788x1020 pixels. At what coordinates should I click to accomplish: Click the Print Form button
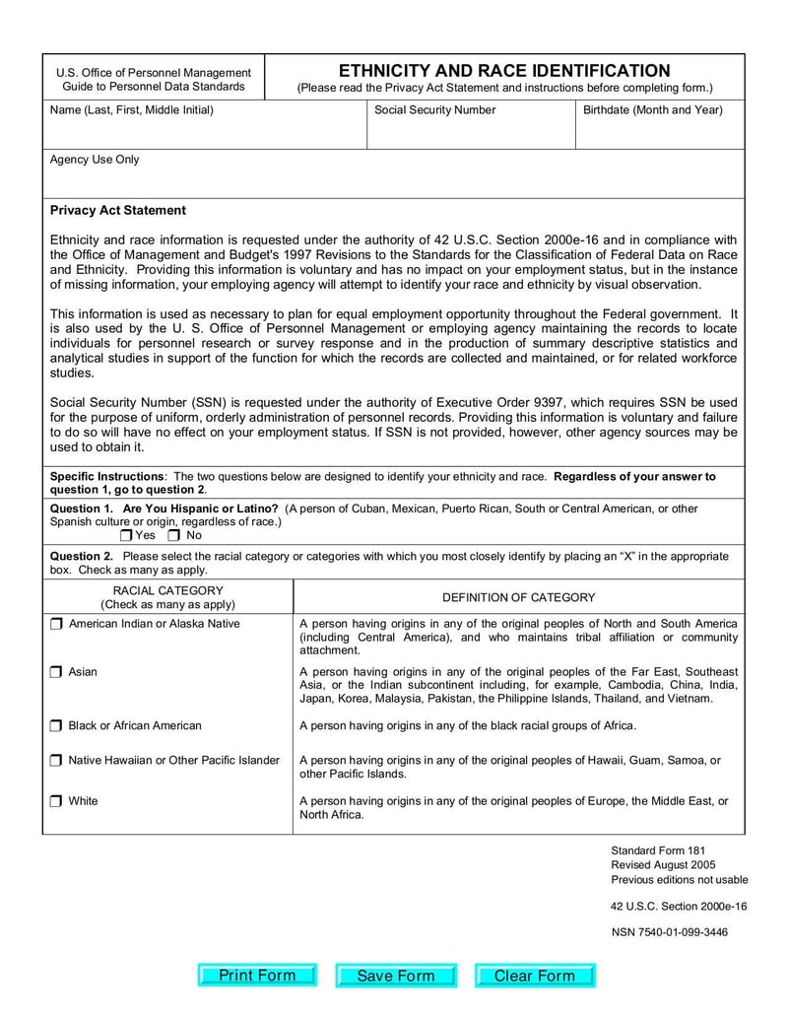(x=257, y=976)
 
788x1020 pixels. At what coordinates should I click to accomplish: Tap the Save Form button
(x=396, y=976)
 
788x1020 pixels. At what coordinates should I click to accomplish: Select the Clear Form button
(x=535, y=976)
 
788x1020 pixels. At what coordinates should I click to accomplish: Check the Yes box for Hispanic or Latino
(x=127, y=536)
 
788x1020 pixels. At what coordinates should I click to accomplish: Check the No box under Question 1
(x=174, y=536)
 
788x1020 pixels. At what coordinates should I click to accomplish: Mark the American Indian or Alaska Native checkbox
(x=56, y=624)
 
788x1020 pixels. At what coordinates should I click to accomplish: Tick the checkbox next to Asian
(x=56, y=672)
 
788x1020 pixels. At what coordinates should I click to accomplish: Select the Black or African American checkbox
(x=56, y=726)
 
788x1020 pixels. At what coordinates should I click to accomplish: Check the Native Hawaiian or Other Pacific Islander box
(x=56, y=761)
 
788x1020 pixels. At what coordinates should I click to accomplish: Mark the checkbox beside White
(x=56, y=801)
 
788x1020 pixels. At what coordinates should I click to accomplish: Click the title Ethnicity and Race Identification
(x=504, y=71)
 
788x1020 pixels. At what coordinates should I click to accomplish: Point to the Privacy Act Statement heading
(x=117, y=210)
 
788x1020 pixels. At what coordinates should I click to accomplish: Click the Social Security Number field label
(x=434, y=110)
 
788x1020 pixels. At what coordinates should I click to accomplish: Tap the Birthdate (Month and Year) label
(x=652, y=110)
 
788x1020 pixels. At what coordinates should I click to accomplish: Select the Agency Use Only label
(x=95, y=160)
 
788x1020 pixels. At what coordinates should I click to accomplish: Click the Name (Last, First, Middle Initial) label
(x=131, y=110)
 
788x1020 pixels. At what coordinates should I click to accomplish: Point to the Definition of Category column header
(x=518, y=597)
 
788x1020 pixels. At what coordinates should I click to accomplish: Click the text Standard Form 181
(x=658, y=850)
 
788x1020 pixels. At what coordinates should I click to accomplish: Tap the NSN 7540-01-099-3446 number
(x=669, y=932)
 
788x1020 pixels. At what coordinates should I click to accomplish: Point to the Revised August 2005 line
(x=663, y=865)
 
